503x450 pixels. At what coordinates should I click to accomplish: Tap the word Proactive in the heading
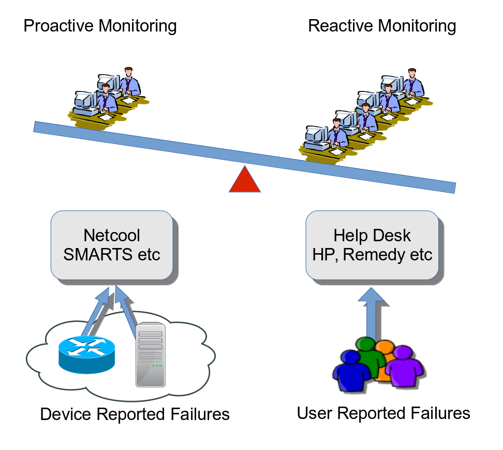(58, 26)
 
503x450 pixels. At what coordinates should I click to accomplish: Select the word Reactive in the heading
(341, 26)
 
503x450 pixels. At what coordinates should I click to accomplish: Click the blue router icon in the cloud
(86, 354)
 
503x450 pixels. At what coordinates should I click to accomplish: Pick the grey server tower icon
(151, 354)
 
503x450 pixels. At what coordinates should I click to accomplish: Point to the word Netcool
(112, 236)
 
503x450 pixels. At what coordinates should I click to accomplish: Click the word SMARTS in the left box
(98, 255)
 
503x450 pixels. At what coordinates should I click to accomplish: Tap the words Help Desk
(372, 236)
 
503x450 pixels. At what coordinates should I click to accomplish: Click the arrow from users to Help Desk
(371, 312)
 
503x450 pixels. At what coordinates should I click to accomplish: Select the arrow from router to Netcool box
(95, 312)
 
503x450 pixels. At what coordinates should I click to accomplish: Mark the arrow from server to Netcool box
(125, 312)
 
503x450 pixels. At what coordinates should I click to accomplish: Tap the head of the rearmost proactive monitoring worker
(129, 72)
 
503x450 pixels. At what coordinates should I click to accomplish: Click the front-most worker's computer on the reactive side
(316, 138)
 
